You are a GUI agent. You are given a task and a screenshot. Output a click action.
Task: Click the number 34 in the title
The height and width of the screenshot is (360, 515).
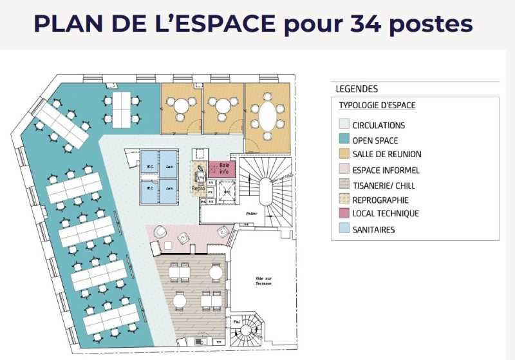tap(373, 24)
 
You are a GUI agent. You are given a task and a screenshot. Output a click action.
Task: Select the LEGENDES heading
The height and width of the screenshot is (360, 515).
tap(357, 89)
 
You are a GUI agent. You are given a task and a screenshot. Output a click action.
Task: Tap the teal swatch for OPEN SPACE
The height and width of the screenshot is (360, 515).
tap(344, 140)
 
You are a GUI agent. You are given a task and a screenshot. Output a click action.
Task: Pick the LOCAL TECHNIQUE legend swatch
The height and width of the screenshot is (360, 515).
tap(344, 213)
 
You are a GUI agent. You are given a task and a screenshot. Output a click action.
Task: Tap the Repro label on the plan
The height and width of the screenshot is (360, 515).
tap(198, 189)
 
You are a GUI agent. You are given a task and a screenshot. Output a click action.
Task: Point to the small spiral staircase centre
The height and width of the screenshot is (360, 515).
tap(246, 332)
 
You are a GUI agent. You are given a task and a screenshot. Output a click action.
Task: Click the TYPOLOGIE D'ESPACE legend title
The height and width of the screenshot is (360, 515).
tap(377, 106)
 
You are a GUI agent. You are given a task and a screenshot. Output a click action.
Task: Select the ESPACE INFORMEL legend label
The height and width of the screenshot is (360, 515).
tap(386, 170)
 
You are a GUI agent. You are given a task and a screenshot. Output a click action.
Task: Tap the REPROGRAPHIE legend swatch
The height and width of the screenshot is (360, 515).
tap(344, 200)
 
